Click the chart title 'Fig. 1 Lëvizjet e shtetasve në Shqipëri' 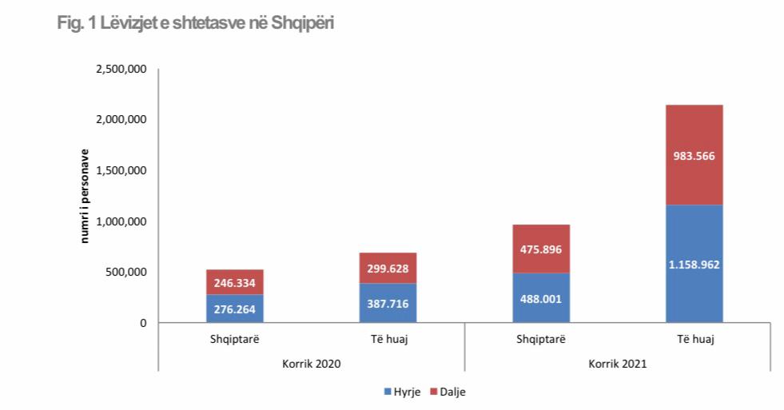pyautogui.click(x=196, y=23)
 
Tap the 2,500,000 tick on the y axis pyautogui.click(x=121, y=70)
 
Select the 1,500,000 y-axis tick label pyautogui.click(x=121, y=171)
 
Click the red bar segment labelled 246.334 pyautogui.click(x=235, y=282)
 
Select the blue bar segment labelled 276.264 pyautogui.click(x=235, y=308)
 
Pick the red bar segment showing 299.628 pyautogui.click(x=388, y=268)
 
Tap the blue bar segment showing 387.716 pyautogui.click(x=388, y=303)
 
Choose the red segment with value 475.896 pyautogui.click(x=541, y=249)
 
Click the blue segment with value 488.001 pyautogui.click(x=541, y=298)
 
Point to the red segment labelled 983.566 pyautogui.click(x=694, y=155)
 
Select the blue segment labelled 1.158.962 pyautogui.click(x=694, y=264)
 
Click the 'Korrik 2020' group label pyautogui.click(x=312, y=364)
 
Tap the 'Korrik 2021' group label pyautogui.click(x=618, y=364)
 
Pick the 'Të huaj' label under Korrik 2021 pyautogui.click(x=694, y=339)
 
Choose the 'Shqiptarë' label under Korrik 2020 pyautogui.click(x=235, y=339)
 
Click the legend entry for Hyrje pyautogui.click(x=404, y=392)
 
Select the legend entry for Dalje pyautogui.click(x=448, y=392)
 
